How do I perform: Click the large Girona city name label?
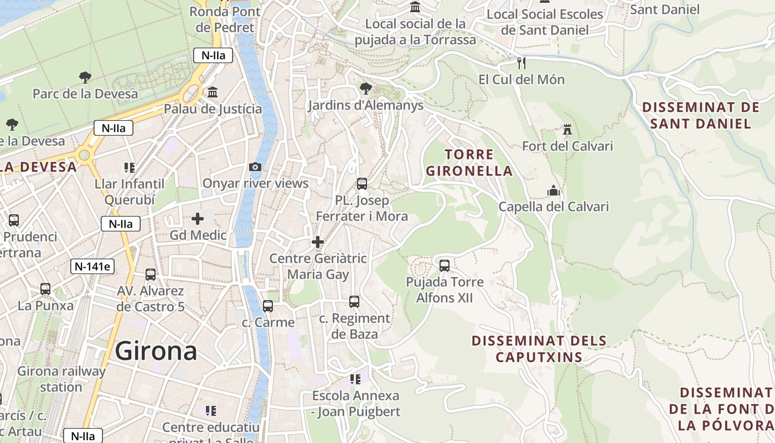click(156, 352)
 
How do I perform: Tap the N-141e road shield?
click(92, 266)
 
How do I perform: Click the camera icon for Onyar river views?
click(255, 167)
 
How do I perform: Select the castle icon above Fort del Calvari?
click(567, 130)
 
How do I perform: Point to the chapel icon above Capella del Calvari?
click(554, 190)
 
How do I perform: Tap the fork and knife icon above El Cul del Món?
click(521, 63)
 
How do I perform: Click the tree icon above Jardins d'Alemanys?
click(365, 89)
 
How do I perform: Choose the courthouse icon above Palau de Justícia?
click(213, 92)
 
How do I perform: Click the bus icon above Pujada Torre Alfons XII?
click(445, 265)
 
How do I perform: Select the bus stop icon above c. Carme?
click(268, 306)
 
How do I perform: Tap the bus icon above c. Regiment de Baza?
click(354, 302)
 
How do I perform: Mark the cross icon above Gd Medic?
click(198, 219)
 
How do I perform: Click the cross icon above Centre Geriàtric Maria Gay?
click(318, 242)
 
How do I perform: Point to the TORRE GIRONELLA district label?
click(469, 162)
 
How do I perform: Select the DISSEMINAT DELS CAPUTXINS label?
click(539, 349)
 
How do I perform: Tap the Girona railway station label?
click(61, 379)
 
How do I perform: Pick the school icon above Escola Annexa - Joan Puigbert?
click(355, 379)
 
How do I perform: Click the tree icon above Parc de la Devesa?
click(85, 77)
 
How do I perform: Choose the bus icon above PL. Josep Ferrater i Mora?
click(362, 183)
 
